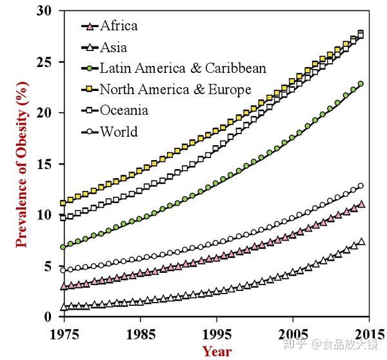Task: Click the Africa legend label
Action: (119, 26)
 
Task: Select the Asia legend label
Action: (114, 47)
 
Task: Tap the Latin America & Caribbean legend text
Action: (183, 68)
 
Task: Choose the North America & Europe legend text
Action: (175, 89)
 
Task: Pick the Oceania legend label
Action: (124, 110)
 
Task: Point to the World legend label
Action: (119, 132)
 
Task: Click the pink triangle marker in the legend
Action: (90, 26)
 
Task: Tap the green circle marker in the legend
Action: (90, 68)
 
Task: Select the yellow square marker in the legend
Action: (90, 89)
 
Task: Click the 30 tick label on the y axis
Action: (43, 12)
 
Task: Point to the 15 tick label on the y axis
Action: (43, 164)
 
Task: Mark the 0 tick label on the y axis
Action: (48, 317)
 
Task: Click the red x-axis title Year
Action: (216, 351)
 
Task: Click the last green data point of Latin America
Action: (361, 84)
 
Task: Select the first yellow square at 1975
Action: (63, 203)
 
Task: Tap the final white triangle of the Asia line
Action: (361, 241)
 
